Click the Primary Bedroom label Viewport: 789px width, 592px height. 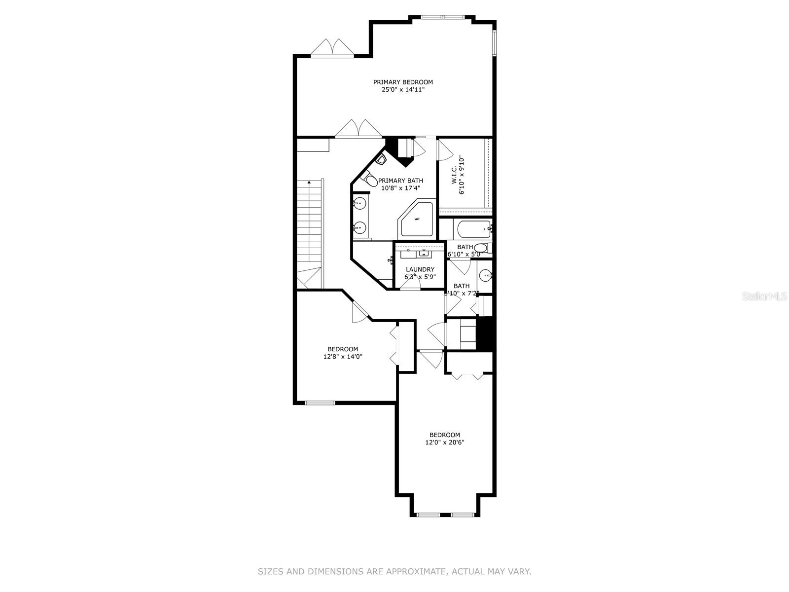[403, 82]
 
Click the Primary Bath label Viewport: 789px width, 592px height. [400, 181]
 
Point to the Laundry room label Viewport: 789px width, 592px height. [420, 269]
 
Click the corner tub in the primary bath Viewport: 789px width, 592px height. [417, 219]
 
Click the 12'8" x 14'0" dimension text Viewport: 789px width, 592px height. [343, 356]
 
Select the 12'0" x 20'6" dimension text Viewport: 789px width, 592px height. [444, 443]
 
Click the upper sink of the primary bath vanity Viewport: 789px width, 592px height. [360, 203]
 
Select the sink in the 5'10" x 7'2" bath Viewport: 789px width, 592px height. [486, 275]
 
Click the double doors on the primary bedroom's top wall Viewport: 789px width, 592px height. [332, 48]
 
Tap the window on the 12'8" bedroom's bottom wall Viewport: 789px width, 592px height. [320, 403]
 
